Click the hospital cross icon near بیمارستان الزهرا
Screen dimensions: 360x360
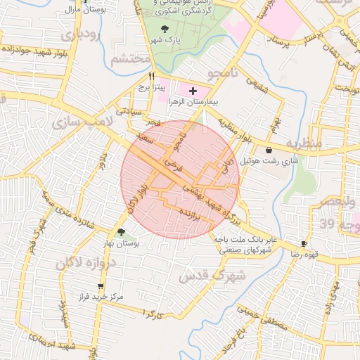(x=193, y=91)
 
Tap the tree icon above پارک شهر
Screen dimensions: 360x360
(x=165, y=29)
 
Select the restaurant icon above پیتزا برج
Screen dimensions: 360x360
(x=151, y=75)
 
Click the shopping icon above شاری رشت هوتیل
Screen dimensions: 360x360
(x=269, y=150)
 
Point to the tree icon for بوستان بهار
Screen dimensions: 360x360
(x=121, y=232)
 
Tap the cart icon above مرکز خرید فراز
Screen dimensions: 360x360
(x=101, y=286)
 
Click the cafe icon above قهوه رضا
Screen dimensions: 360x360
(x=304, y=243)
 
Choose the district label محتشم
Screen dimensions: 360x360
(x=131, y=59)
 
